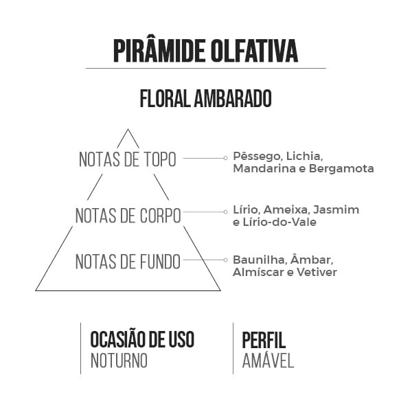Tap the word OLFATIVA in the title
pos(254,51)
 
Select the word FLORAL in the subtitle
pos(165,98)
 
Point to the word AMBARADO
pos(233,98)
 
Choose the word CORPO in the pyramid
pos(160,216)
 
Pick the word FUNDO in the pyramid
pos(160,262)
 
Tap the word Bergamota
pos(341,168)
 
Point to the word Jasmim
pos(336,209)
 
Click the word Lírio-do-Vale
pos(279,222)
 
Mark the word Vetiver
pos(317,272)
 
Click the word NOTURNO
pos(119,360)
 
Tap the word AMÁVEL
pos(268,360)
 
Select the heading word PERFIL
pos(264,340)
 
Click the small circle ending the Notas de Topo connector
pos(225,158)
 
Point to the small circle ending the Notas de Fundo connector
pos(225,260)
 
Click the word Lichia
pos(304,157)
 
